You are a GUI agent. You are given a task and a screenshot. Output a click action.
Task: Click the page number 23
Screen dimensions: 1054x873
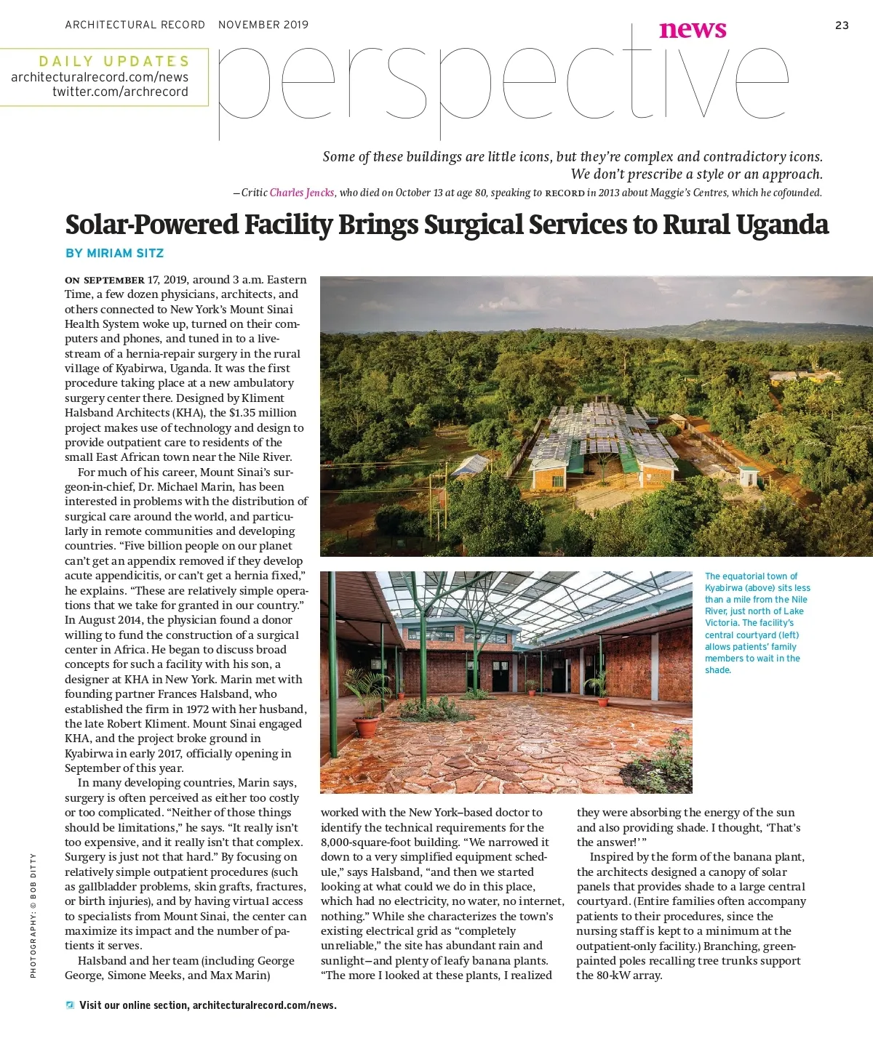click(842, 25)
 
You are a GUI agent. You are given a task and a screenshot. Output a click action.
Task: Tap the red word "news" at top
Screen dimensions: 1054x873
click(693, 30)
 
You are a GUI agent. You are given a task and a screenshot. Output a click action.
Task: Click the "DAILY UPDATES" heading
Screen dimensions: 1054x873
click(114, 61)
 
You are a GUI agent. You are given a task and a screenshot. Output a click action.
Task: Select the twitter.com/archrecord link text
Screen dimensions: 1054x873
click(120, 92)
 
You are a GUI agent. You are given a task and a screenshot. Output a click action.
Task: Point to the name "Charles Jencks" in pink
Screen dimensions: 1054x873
click(302, 193)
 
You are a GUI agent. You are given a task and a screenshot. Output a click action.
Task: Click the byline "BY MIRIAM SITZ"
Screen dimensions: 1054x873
click(114, 253)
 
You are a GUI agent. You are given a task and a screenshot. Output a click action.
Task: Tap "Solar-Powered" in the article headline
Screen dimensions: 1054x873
click(152, 225)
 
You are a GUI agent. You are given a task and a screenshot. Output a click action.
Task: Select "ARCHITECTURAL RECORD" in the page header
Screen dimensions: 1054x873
click(135, 25)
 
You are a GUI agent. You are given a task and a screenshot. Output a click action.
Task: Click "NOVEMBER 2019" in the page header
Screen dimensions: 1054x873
click(263, 25)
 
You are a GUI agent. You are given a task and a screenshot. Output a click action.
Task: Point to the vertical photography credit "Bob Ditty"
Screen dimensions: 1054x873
click(33, 916)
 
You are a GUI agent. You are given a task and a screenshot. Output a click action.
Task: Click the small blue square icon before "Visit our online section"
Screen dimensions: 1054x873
click(70, 1005)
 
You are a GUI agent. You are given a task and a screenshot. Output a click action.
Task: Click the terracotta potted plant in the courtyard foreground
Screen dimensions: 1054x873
click(366, 725)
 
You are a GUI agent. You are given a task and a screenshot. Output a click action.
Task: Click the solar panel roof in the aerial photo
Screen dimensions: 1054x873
click(597, 437)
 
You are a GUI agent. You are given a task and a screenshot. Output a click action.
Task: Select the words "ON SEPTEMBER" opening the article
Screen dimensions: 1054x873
click(105, 280)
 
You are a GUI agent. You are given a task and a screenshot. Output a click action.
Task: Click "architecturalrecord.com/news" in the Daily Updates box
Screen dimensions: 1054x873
click(100, 77)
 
